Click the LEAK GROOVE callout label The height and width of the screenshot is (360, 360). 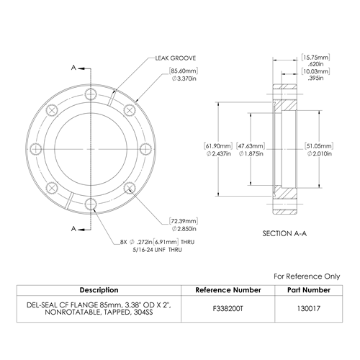click(176, 58)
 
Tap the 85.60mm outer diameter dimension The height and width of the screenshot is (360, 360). click(184, 75)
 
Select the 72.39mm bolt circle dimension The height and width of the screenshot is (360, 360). click(184, 225)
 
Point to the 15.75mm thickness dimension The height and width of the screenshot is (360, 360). click(315, 60)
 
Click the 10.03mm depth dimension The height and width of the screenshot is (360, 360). click(315, 75)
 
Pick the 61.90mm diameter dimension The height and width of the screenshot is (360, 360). click(218, 150)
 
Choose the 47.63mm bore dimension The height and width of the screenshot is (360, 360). click(251, 150)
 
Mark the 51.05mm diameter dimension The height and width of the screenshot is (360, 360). click(319, 150)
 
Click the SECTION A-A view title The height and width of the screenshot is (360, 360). click(284, 233)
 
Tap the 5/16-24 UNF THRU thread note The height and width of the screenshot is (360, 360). click(158, 250)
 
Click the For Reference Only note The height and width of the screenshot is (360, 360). click(307, 276)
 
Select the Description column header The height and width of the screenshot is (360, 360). click(99, 290)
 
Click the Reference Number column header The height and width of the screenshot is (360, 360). click(228, 290)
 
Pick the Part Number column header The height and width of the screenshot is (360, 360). click(309, 290)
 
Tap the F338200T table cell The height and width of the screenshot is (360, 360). click(228, 308)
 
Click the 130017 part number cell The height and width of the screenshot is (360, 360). click(309, 308)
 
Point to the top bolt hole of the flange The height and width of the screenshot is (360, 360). click(91, 94)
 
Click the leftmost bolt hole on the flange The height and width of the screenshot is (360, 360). click(35, 149)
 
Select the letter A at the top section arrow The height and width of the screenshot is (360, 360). click(73, 68)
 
